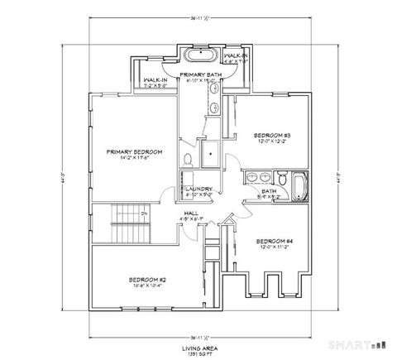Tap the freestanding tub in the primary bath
click(x=198, y=57)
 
